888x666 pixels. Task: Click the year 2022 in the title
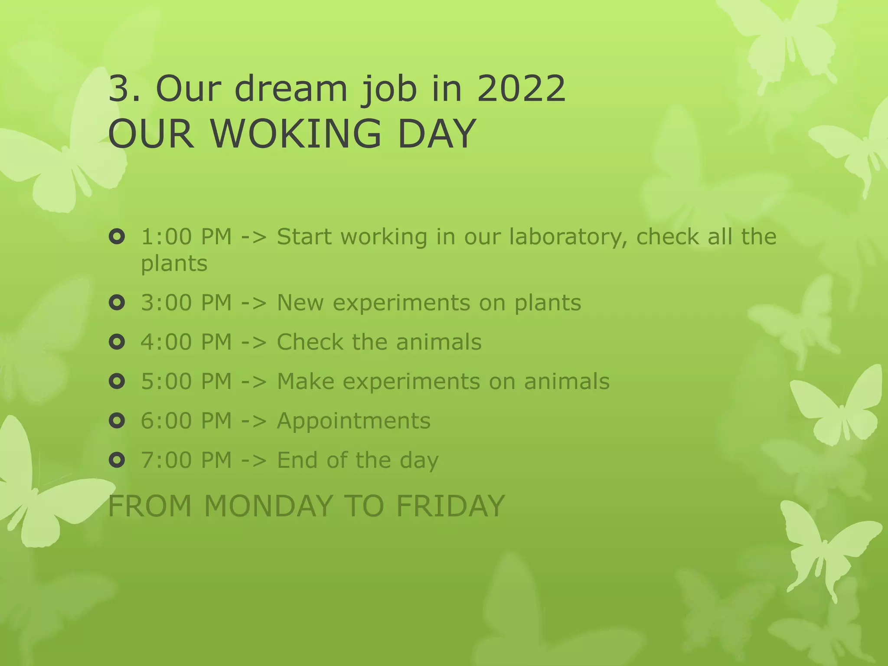521,89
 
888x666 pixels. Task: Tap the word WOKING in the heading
296,134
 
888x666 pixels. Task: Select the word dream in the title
291,89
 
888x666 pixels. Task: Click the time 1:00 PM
186,237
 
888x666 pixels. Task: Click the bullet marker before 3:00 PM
117,303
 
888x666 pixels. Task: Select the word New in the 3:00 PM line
300,303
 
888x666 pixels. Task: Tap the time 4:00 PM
186,342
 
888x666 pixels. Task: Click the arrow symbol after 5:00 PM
254,382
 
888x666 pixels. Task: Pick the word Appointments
353,421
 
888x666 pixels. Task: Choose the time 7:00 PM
186,460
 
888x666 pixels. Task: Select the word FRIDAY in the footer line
451,506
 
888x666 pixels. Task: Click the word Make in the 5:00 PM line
305,382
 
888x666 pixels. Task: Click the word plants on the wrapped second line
174,264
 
